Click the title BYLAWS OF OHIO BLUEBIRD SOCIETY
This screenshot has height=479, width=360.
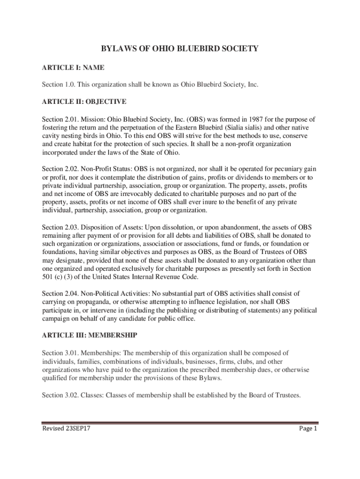point(180,48)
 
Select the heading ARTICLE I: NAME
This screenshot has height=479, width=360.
point(72,68)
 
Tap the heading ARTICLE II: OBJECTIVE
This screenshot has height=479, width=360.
point(84,101)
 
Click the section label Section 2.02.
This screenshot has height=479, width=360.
point(60,168)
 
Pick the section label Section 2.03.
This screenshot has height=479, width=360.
point(60,227)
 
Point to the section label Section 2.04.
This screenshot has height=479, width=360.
point(60,293)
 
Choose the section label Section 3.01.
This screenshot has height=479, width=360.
point(60,353)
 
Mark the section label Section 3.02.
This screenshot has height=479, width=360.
point(60,395)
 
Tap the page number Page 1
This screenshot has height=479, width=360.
point(309,428)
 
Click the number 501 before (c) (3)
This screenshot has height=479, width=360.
point(48,277)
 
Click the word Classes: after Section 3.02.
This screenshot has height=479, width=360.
point(93,395)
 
